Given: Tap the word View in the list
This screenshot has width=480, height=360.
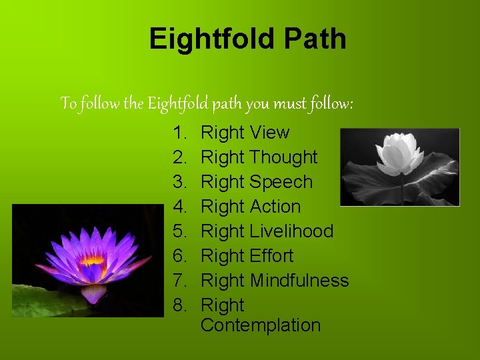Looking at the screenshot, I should point(269,133).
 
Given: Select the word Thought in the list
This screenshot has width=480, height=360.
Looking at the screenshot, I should point(283,157).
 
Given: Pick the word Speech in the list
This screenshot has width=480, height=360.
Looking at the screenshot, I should point(281,182).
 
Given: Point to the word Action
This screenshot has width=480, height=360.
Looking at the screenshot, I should point(275,207).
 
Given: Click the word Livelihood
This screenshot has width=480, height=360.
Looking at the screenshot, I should point(291,231).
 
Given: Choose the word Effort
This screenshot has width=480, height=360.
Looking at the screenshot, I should point(271,256).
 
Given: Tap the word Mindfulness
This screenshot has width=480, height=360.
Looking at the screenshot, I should point(299,281).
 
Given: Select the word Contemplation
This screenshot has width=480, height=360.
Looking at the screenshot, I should point(260,325).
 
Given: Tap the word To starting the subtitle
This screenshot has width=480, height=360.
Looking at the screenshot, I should point(69,104).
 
